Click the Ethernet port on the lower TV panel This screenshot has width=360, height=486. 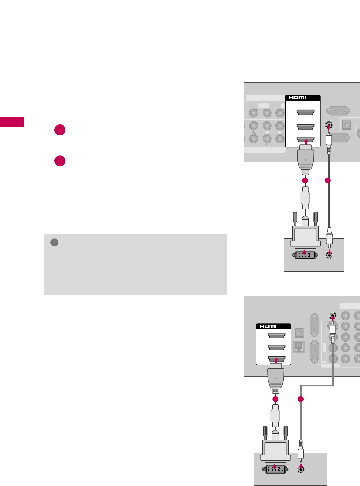299,347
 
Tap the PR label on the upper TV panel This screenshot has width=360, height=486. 254,132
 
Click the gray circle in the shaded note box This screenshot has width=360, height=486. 54,243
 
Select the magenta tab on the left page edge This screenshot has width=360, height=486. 12,122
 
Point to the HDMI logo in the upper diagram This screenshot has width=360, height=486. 297,98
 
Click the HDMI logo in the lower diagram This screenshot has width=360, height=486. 268,326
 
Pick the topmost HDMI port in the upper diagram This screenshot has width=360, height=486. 305,113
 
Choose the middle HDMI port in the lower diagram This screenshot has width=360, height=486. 276,347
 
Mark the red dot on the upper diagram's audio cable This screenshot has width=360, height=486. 327,181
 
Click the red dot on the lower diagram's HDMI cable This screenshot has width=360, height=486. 275,399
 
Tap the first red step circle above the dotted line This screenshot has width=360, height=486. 60,130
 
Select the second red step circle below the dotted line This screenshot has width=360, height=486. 60,161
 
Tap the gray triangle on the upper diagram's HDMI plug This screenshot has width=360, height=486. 306,159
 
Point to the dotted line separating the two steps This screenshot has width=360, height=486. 145,144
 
